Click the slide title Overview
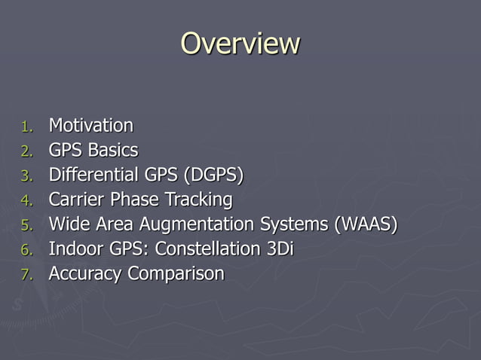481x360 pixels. (240, 44)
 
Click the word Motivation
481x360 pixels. (90, 125)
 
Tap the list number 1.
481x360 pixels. (26, 127)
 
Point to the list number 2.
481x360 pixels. (26, 151)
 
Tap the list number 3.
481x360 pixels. (26, 176)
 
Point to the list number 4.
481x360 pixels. (26, 201)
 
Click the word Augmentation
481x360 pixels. (199, 224)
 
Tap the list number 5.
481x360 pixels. (26, 226)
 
